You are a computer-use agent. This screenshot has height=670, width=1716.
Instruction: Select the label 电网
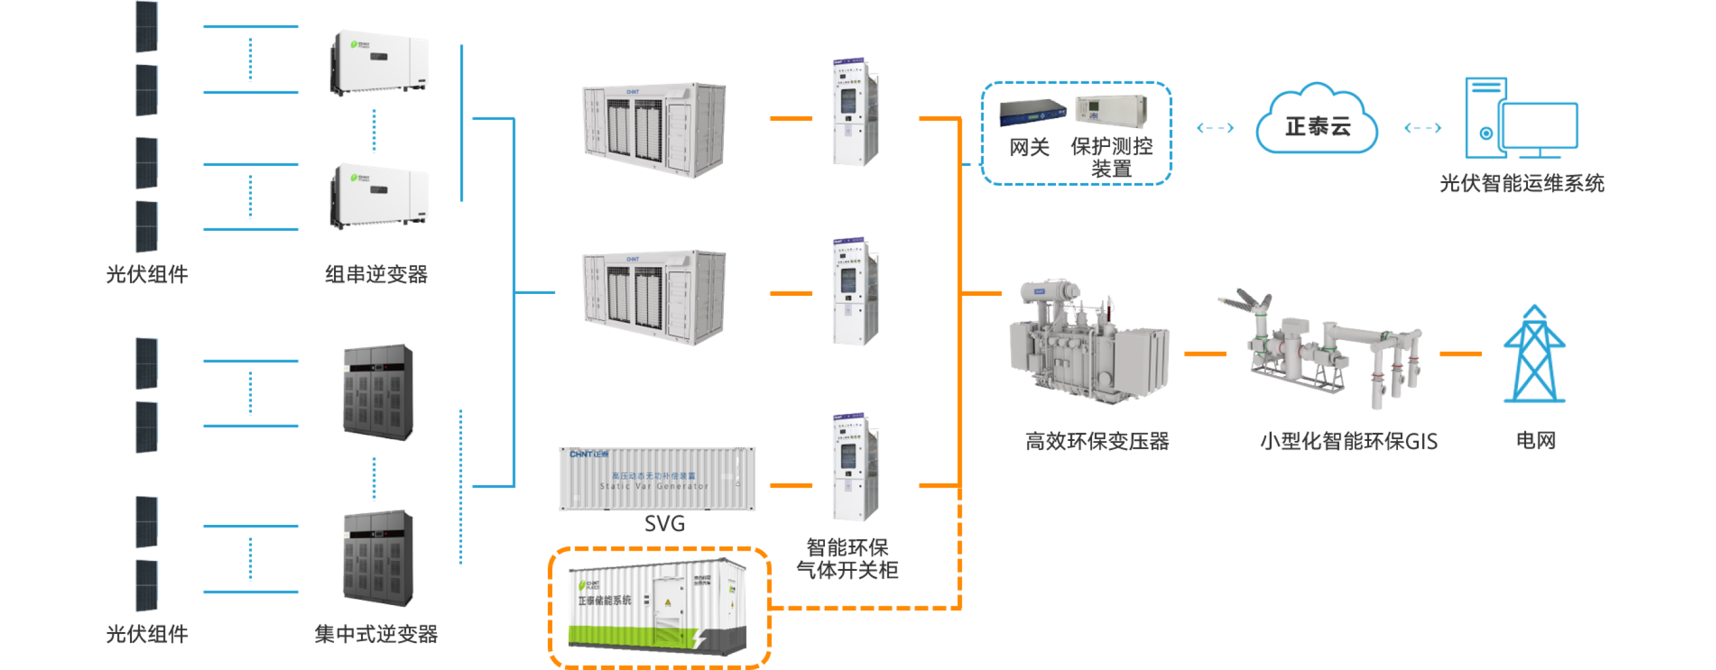click(x=1535, y=440)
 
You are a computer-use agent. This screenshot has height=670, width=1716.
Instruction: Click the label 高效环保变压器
click(x=1097, y=441)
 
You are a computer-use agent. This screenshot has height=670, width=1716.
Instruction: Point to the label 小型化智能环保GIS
click(x=1349, y=441)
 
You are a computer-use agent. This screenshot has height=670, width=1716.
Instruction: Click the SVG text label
click(x=664, y=524)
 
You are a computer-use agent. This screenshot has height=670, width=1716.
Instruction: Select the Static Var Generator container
click(x=657, y=478)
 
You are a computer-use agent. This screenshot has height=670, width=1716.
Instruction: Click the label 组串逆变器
click(x=376, y=274)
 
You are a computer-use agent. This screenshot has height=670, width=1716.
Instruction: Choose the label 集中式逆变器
click(x=376, y=633)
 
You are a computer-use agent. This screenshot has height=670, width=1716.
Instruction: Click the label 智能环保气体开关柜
click(x=848, y=559)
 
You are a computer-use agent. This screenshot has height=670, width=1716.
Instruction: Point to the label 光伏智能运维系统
click(x=1522, y=183)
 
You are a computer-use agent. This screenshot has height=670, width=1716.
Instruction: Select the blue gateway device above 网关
click(x=1032, y=113)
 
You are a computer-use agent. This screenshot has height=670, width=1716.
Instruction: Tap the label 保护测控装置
click(x=1111, y=157)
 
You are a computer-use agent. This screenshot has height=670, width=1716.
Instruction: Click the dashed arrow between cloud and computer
click(x=1423, y=128)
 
